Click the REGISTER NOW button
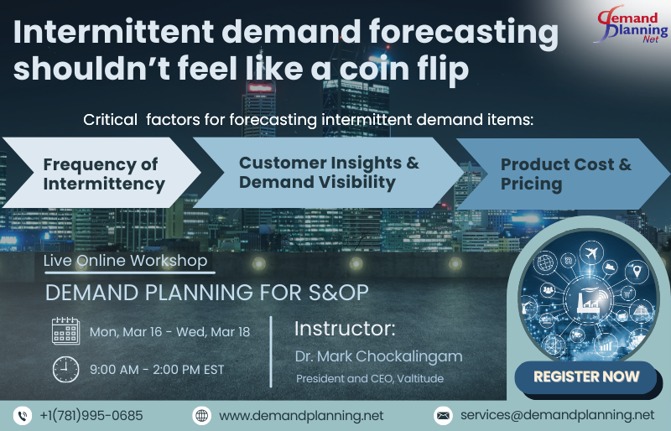pos(586,376)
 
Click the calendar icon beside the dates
pos(65,331)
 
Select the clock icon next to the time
pos(65,369)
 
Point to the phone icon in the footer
pos(22,415)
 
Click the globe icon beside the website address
pos(201,415)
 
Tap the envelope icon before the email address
pos(443,415)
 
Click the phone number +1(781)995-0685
pos(91,415)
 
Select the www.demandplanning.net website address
pos(301,415)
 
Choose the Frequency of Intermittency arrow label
pos(104,174)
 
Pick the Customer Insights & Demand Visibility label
pos(329,172)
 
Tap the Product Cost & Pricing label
pos(566,174)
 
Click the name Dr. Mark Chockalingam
pos(378,356)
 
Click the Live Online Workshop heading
pos(125,261)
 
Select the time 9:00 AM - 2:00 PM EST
pos(157,369)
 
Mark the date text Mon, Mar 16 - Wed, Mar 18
pos(169,332)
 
